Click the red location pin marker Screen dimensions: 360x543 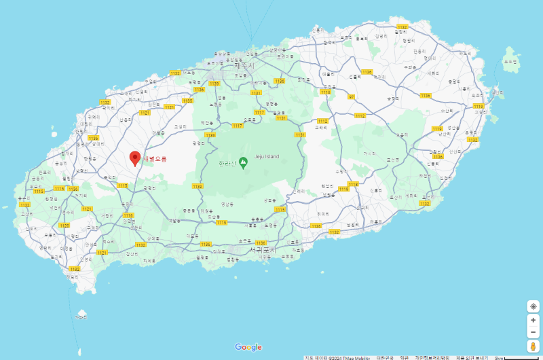tap(135, 158)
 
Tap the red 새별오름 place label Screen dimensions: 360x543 tap(154, 159)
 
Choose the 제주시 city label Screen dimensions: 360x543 tap(242, 66)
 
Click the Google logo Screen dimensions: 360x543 tap(248, 347)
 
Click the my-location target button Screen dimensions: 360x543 tap(533, 306)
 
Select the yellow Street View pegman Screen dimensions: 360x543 tap(533, 346)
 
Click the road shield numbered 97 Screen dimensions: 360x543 tap(352, 97)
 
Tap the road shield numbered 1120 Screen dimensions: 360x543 tap(64, 225)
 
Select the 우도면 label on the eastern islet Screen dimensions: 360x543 tap(510, 61)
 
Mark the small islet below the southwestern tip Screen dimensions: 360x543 tap(82, 314)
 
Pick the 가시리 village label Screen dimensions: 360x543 tap(369, 154)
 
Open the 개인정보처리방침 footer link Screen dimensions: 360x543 tap(432, 357)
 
